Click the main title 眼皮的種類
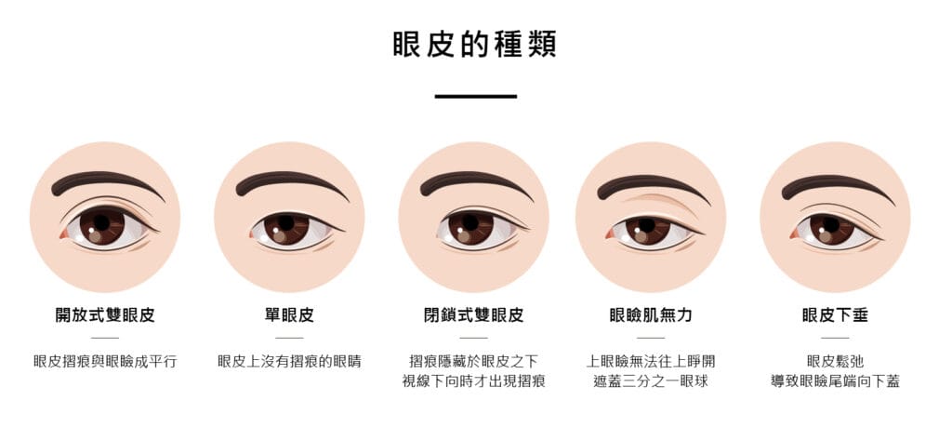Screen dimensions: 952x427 click(x=474, y=44)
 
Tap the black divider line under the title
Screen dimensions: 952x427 click(x=475, y=96)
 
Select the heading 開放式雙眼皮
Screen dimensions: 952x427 click(x=105, y=315)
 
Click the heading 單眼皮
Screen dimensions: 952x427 click(x=289, y=315)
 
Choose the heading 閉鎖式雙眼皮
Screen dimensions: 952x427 click(x=473, y=315)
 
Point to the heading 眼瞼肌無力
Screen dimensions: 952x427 click(x=651, y=315)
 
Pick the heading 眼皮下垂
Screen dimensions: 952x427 click(x=835, y=315)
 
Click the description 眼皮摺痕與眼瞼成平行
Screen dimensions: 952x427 click(x=105, y=361)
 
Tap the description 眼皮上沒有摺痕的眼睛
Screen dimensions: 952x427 click(x=289, y=361)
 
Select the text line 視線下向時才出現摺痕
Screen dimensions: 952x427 click(x=473, y=381)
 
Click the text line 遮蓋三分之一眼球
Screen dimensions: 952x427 click(x=651, y=381)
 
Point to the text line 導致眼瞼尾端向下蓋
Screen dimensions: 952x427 click(x=835, y=381)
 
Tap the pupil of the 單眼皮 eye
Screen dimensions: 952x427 click(x=285, y=222)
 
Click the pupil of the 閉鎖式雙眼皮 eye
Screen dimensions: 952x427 click(x=469, y=222)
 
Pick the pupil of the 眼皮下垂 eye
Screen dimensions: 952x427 click(x=830, y=225)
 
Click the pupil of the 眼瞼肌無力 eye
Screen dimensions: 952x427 click(x=646, y=225)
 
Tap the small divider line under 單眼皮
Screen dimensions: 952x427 click(x=289, y=338)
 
